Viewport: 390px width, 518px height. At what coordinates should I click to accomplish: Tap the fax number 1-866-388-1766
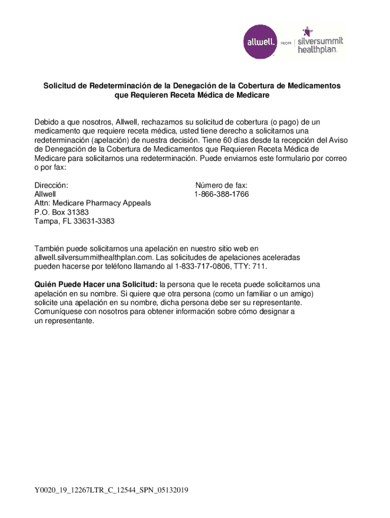click(x=221, y=194)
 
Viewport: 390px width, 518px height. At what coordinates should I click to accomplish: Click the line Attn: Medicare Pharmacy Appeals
click(x=92, y=203)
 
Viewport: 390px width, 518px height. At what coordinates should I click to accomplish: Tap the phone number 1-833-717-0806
click(x=201, y=266)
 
